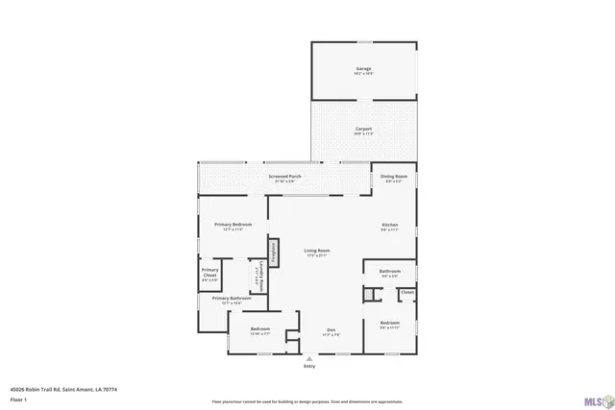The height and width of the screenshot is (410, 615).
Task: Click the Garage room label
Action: (363, 69)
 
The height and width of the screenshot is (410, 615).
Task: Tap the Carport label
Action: (363, 129)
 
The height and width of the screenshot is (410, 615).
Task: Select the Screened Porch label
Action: (284, 177)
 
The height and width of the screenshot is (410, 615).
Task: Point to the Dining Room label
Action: (394, 177)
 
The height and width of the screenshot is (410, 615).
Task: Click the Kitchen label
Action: (389, 226)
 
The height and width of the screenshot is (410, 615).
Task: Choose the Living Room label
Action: (316, 251)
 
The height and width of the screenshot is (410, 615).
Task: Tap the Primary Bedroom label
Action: (232, 225)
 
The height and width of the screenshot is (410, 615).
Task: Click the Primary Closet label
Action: (209, 272)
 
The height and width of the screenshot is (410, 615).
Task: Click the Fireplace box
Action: (274, 252)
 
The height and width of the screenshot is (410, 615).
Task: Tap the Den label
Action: (330, 329)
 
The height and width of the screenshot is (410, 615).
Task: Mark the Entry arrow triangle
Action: (308, 357)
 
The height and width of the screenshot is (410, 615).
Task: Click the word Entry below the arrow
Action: (308, 366)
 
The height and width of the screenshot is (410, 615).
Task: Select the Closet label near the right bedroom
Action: (407, 292)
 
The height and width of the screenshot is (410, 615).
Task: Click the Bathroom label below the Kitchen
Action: (389, 272)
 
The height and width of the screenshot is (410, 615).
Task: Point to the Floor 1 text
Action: (18, 398)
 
